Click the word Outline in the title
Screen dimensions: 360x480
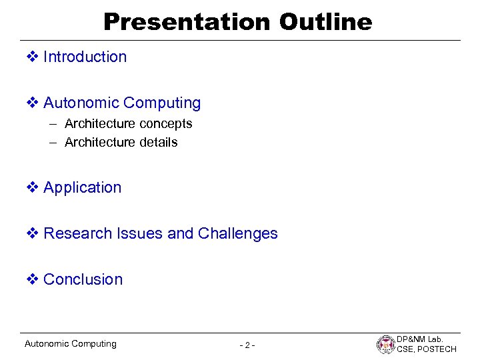point(325,22)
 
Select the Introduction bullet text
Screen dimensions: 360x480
point(85,57)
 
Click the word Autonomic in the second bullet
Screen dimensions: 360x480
point(81,103)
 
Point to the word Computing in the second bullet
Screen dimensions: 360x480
point(162,103)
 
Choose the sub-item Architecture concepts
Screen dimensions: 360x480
point(128,123)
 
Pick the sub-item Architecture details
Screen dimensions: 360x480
point(121,142)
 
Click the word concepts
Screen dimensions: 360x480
point(165,124)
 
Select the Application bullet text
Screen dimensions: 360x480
point(82,188)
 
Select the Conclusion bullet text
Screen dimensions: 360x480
point(83,279)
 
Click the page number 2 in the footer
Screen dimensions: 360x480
point(247,345)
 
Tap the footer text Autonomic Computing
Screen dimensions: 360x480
point(70,344)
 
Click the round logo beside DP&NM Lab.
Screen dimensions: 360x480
point(386,345)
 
